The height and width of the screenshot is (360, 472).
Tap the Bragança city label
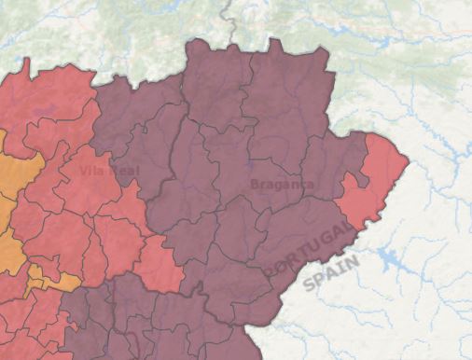click(282, 184)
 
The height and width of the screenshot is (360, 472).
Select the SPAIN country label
click(331, 273)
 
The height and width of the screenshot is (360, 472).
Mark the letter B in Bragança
click(255, 185)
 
